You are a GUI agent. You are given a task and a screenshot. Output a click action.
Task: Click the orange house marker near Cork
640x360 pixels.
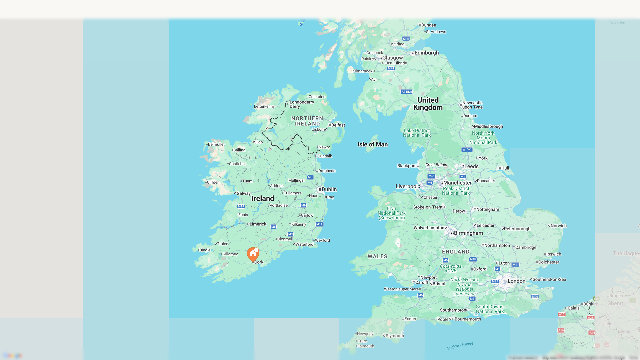pyautogui.click(x=253, y=254)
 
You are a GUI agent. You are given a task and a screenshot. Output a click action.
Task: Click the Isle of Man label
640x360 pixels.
pyautogui.click(x=372, y=144)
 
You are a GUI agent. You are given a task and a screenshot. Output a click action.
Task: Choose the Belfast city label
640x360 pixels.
pyautogui.click(x=338, y=125)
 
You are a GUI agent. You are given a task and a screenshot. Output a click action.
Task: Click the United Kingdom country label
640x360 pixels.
pyautogui.click(x=428, y=104)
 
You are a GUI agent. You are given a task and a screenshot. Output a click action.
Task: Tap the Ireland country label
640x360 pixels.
pyautogui.click(x=263, y=198)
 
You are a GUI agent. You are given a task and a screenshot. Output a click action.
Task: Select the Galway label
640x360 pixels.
pyautogui.click(x=243, y=193)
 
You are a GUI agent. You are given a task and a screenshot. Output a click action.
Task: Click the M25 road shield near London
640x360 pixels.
pyautogui.click(x=495, y=281)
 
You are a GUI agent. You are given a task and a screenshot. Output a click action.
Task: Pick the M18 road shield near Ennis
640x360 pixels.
pyautogui.click(x=241, y=206)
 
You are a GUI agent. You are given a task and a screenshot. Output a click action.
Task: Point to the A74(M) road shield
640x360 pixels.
pyautogui.click(x=406, y=92)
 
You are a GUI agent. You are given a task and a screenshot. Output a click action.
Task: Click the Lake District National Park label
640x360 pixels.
pyautogui.click(x=417, y=133)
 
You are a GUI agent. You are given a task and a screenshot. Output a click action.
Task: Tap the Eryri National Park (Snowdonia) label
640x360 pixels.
pyautogui.click(x=392, y=213)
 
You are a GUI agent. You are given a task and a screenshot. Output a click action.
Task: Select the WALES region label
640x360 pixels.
pyautogui.click(x=377, y=256)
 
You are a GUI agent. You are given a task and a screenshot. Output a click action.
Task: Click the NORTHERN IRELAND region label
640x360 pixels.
pyautogui.click(x=307, y=121)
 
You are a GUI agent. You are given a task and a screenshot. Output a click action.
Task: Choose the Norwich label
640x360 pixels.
pyautogui.click(x=558, y=226)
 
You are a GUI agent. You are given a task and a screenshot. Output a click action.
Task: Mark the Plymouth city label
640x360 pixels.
pyautogui.click(x=395, y=336)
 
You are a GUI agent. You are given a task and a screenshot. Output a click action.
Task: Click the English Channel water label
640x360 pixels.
pyautogui.click(x=460, y=346)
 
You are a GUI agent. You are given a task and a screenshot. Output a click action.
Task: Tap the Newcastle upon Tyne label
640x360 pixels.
pyautogui.click(x=472, y=105)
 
